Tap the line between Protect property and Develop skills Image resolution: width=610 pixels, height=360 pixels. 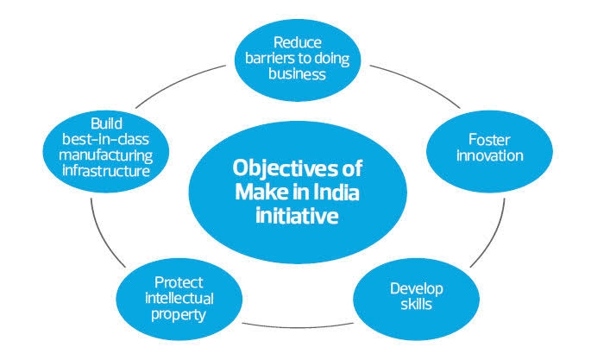pyautogui.click(x=293, y=325)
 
